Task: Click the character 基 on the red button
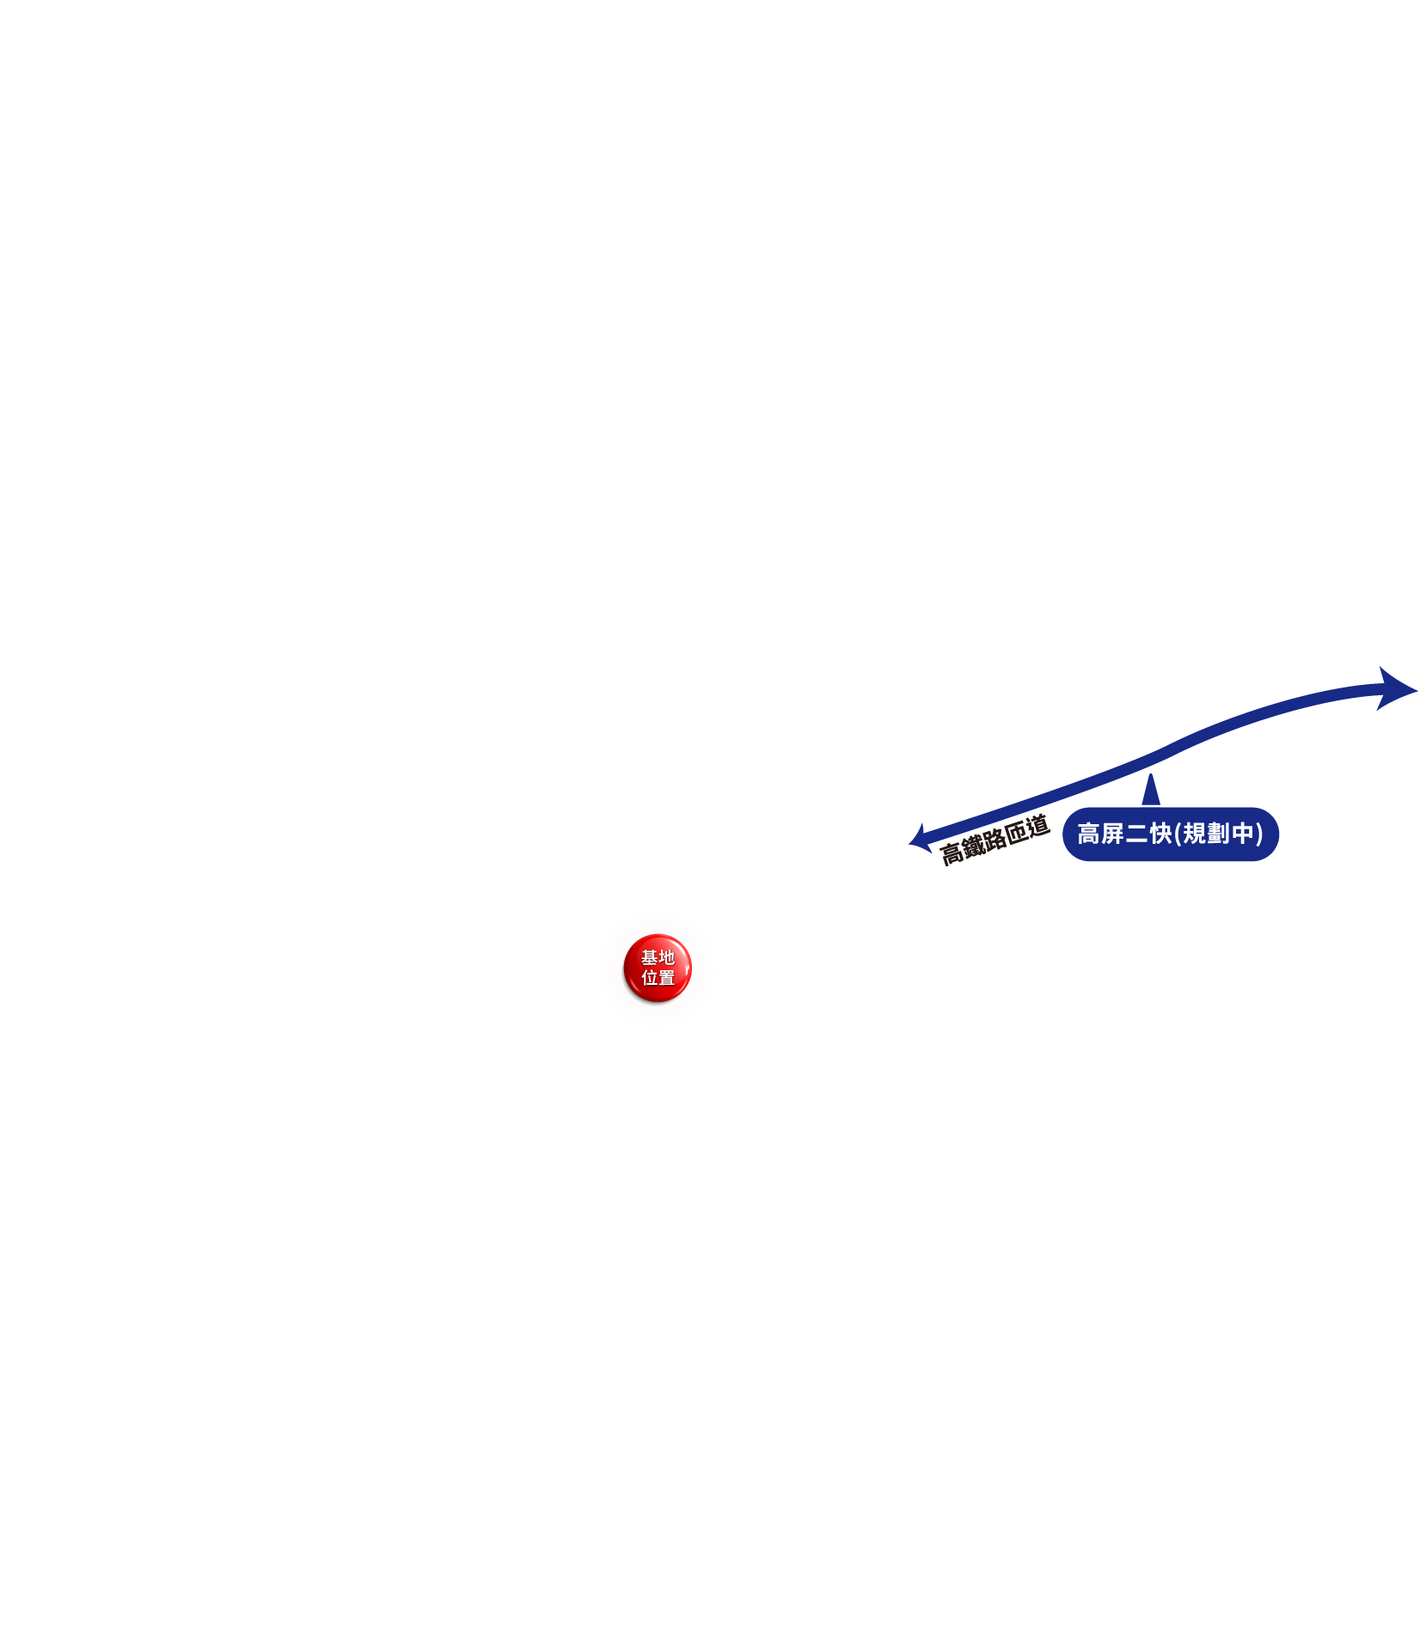pyautogui.click(x=649, y=957)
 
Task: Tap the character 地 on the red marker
pyautogui.click(x=667, y=957)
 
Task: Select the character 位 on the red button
pyautogui.click(x=649, y=978)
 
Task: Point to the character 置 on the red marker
pyautogui.click(x=667, y=978)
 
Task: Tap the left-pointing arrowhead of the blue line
pyautogui.click(x=918, y=838)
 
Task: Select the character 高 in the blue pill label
pyautogui.click(x=1089, y=834)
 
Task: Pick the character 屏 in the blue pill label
pyautogui.click(x=1113, y=834)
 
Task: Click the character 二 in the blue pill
pyautogui.click(x=1137, y=834)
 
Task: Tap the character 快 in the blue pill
pyautogui.click(x=1161, y=834)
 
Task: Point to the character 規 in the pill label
pyautogui.click(x=1194, y=834)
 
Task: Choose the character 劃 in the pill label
pyautogui.click(x=1218, y=834)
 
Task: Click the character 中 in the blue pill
pyautogui.click(x=1242, y=834)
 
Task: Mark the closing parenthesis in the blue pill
pyautogui.click(x=1259, y=834)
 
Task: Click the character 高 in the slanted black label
pyautogui.click(x=951, y=853)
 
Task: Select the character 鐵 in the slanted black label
pyautogui.click(x=973, y=846)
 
